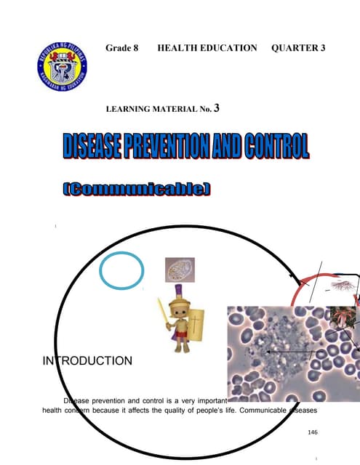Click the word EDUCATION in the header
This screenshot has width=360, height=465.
tap(228, 48)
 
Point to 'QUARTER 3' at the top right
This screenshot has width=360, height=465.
tap(297, 48)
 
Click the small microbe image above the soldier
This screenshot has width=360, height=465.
tap(179, 270)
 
